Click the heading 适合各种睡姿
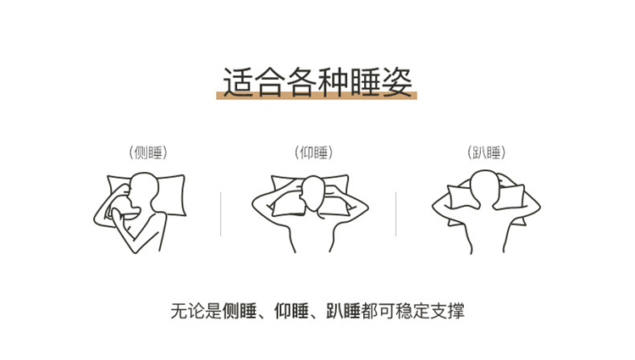(x=317, y=82)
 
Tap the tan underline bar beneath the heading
(x=317, y=96)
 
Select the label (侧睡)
(x=148, y=152)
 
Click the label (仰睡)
(x=314, y=152)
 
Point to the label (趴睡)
(x=486, y=152)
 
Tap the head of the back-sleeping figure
(x=313, y=193)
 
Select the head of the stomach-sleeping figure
(x=484, y=187)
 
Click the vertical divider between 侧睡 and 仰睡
(x=221, y=213)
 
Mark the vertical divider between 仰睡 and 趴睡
(x=395, y=213)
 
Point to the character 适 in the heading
(x=238, y=82)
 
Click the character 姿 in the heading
(x=397, y=82)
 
